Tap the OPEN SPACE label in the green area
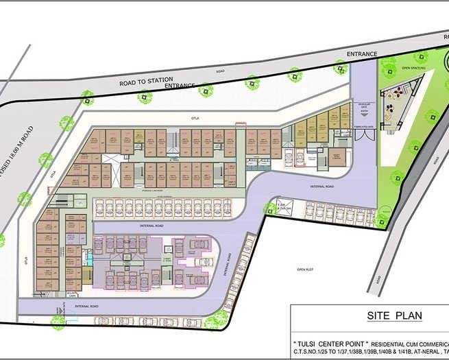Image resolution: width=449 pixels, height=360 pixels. pyautogui.click(x=413, y=69)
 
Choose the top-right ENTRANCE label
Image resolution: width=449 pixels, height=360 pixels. pyautogui.click(x=361, y=53)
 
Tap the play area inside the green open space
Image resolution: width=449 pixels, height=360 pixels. pyautogui.click(x=396, y=103)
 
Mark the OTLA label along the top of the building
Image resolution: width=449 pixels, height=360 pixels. pyautogui.click(x=194, y=118)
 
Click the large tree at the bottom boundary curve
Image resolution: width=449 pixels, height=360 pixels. pyautogui.click(x=220, y=317)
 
